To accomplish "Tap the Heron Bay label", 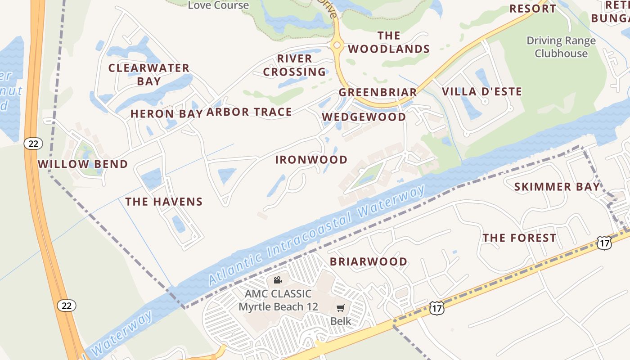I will tap(166, 114).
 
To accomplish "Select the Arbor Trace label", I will tap(249, 112).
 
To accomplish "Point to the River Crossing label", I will tap(295, 65).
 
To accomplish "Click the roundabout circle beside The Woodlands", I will tap(337, 45).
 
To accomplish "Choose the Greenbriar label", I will tap(378, 92).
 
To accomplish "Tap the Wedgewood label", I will tap(364, 117).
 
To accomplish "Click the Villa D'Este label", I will tap(482, 92).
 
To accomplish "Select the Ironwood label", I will tap(311, 160).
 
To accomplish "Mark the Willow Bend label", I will tap(83, 164).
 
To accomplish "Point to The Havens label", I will tap(164, 202).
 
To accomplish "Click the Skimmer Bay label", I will tap(557, 187).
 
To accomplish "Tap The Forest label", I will tap(519, 238).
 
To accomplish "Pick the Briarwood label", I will tap(369, 261).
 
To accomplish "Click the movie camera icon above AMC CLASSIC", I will tap(278, 280).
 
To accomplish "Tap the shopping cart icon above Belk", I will tap(341, 308).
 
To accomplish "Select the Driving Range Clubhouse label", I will tap(561, 47).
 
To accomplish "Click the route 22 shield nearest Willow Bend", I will tap(33, 144).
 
